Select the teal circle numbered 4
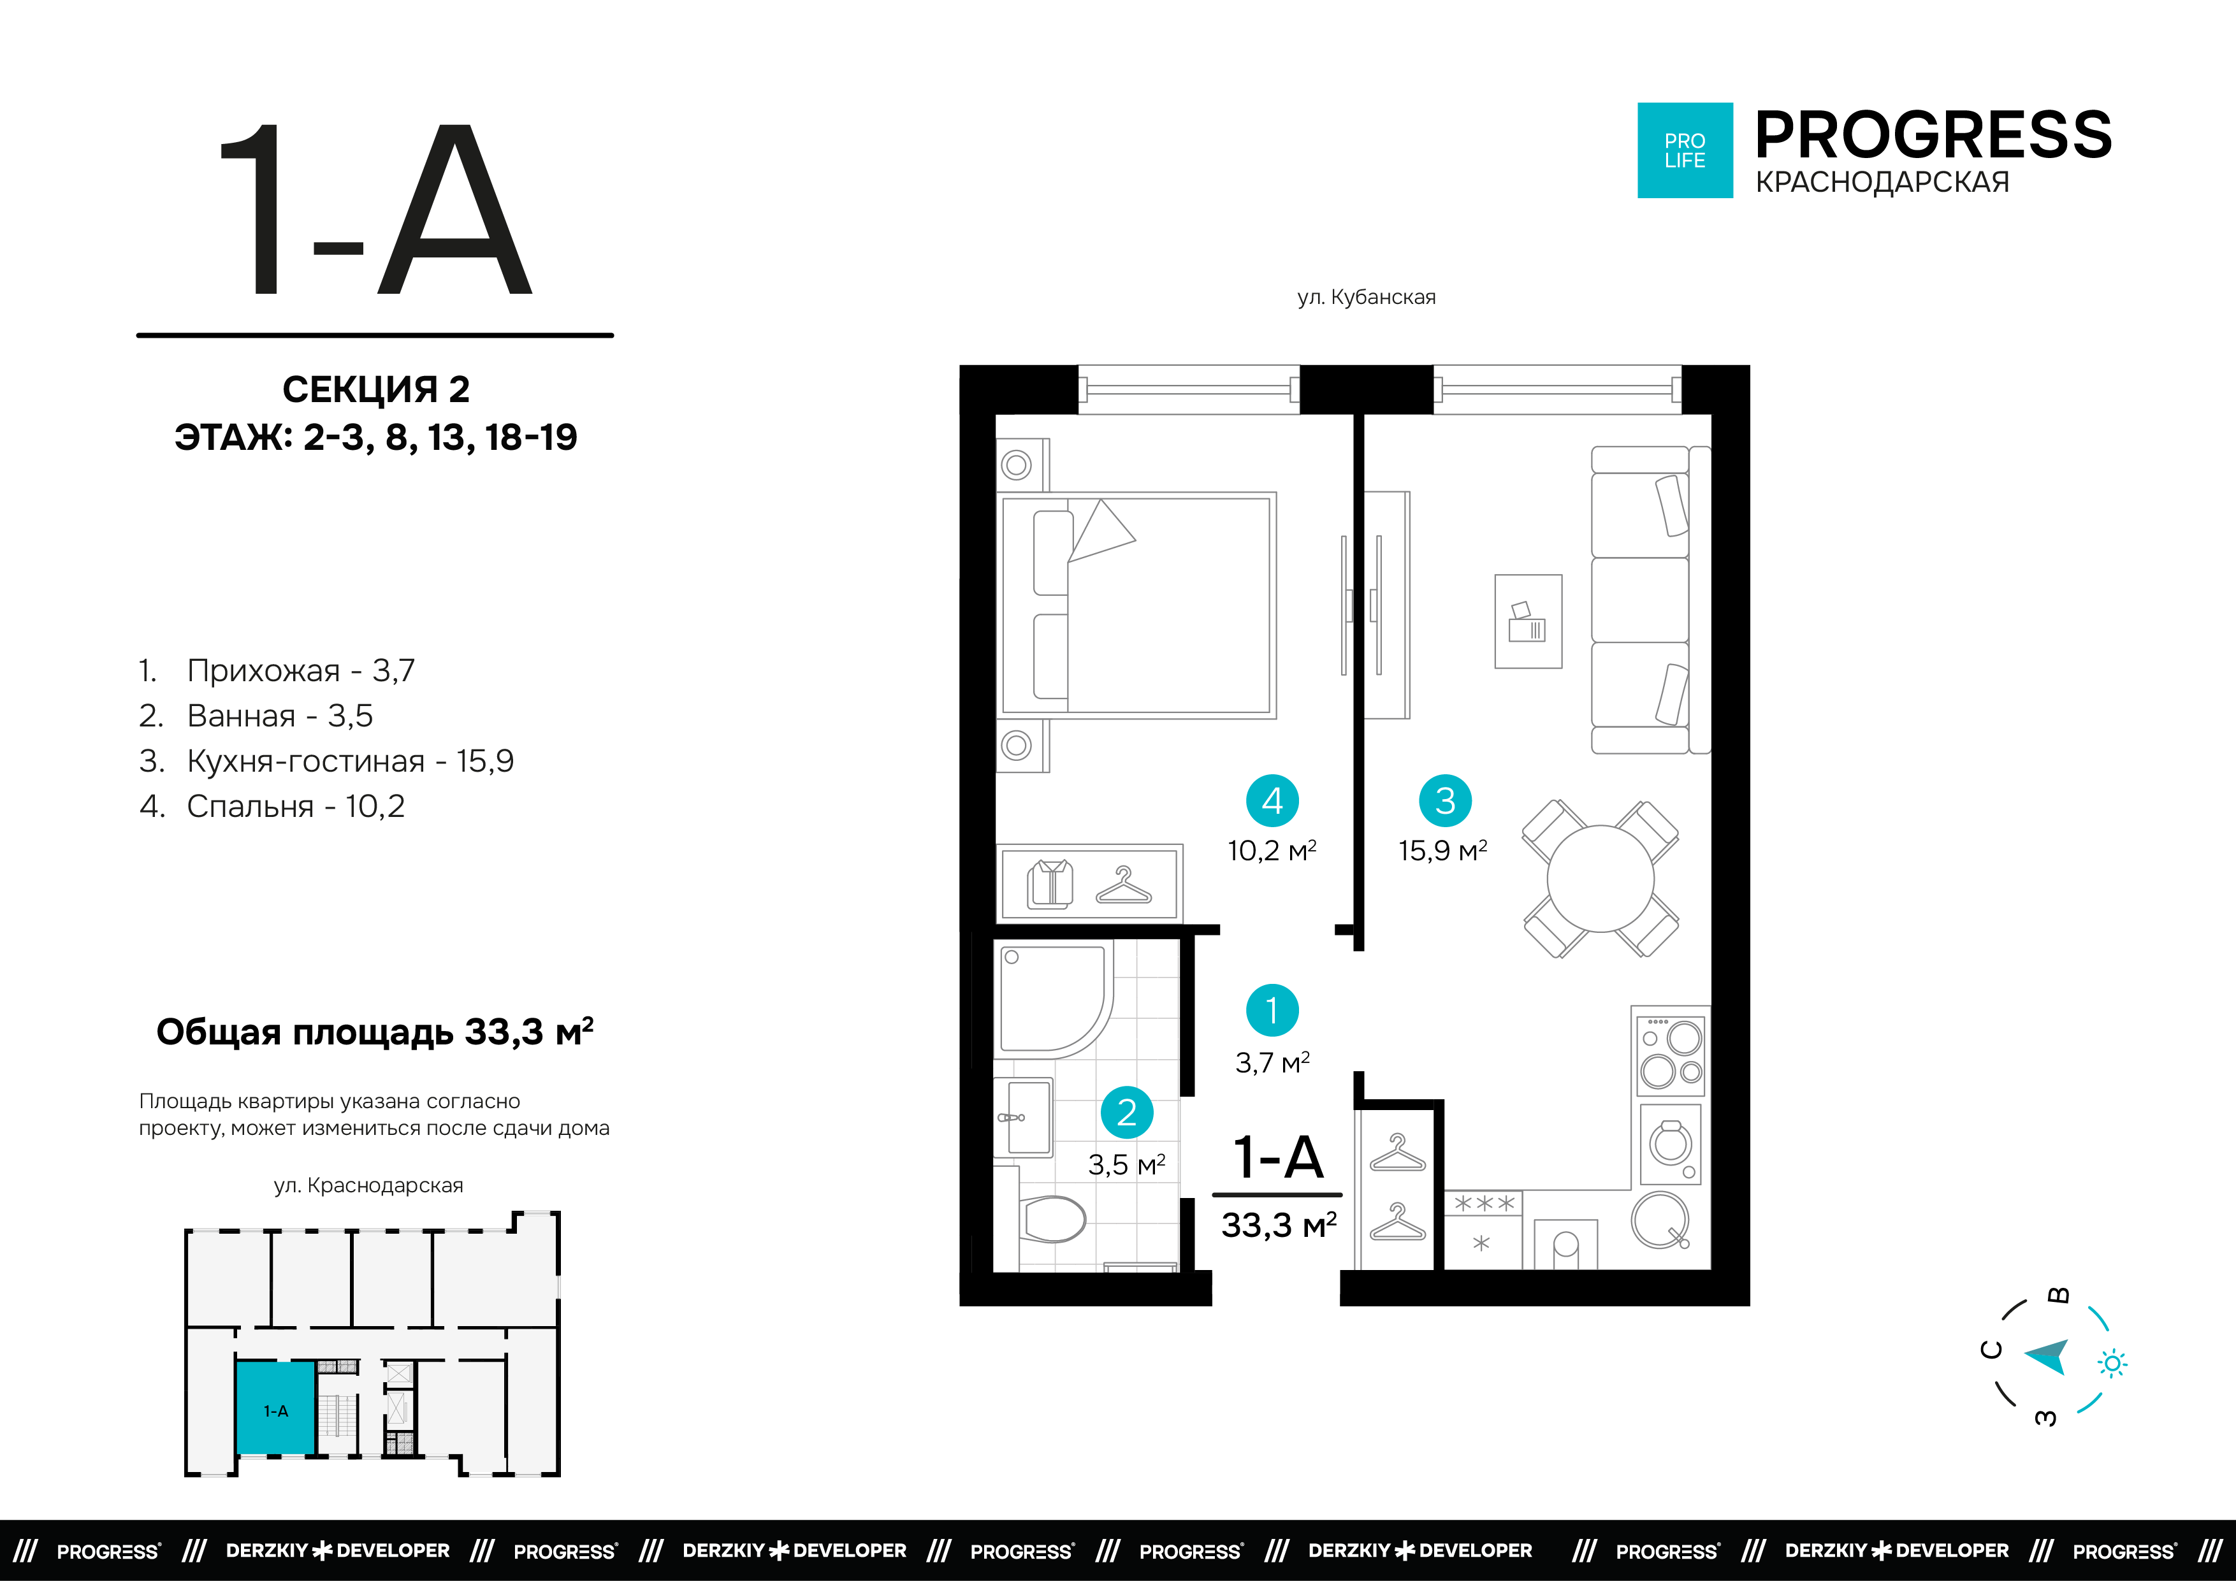pos(1272,800)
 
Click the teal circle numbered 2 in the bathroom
pos(1127,1112)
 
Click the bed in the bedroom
pos(1136,605)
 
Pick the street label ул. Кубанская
pos(1367,297)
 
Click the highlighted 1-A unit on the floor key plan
pos(275,1409)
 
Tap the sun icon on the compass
pos(2112,1364)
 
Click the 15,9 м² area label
pos(1443,851)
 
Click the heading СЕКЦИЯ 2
pos(376,389)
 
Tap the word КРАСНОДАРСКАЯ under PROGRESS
pos(1882,182)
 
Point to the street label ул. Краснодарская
pos(368,1186)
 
